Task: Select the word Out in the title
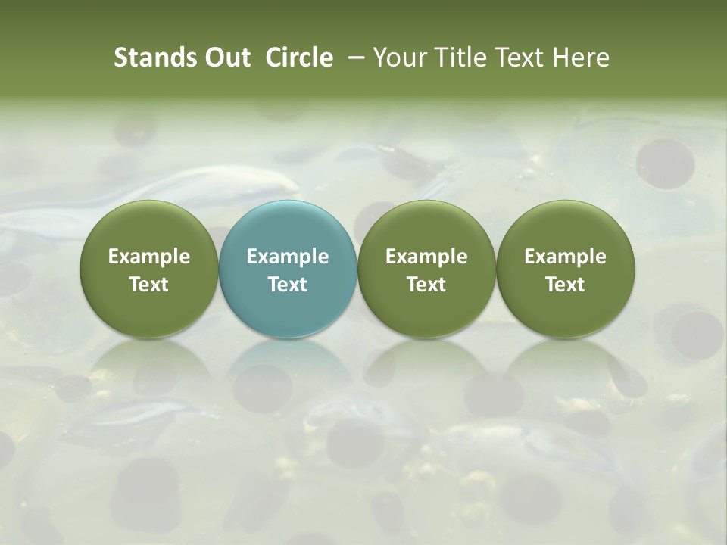point(226,58)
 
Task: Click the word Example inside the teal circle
point(288,257)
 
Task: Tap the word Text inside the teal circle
point(288,285)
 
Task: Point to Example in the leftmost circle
point(149,257)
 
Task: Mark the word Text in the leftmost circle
point(149,285)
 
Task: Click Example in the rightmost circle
point(565,257)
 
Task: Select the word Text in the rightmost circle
point(565,285)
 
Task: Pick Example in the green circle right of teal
point(426,257)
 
